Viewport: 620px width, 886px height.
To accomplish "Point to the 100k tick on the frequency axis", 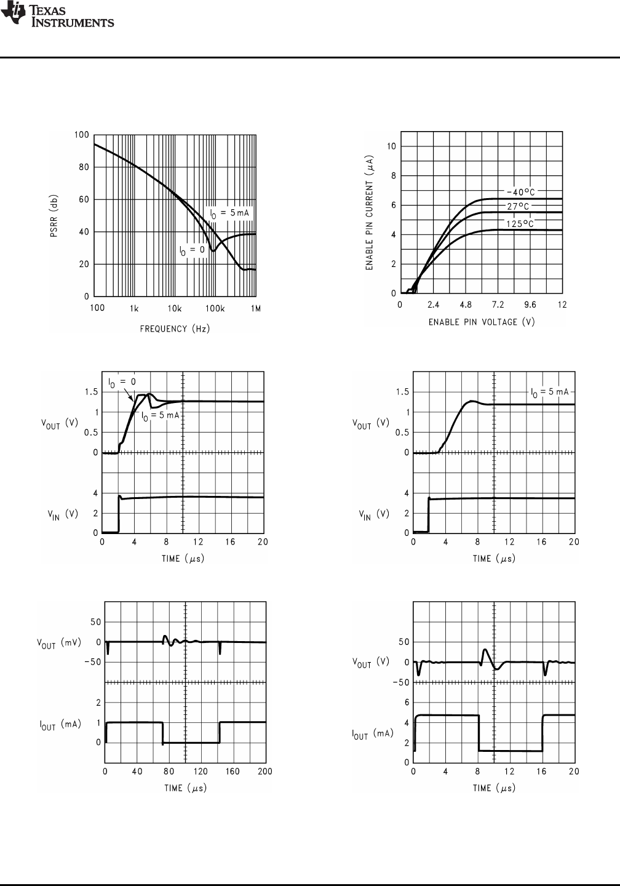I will pos(214,308).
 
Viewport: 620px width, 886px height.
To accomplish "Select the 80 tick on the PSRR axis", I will pos(82,167).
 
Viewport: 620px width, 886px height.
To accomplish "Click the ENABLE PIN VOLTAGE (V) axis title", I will pos(482,322).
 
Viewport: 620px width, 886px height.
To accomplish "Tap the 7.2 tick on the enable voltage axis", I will pos(497,305).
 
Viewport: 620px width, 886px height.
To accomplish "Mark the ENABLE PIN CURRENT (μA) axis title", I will pos(370,212).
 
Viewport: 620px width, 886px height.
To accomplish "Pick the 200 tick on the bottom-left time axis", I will pos(265,772).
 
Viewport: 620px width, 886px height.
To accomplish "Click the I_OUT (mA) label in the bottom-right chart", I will pos(372,733).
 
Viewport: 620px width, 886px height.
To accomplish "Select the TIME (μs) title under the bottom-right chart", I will pos(494,788).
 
